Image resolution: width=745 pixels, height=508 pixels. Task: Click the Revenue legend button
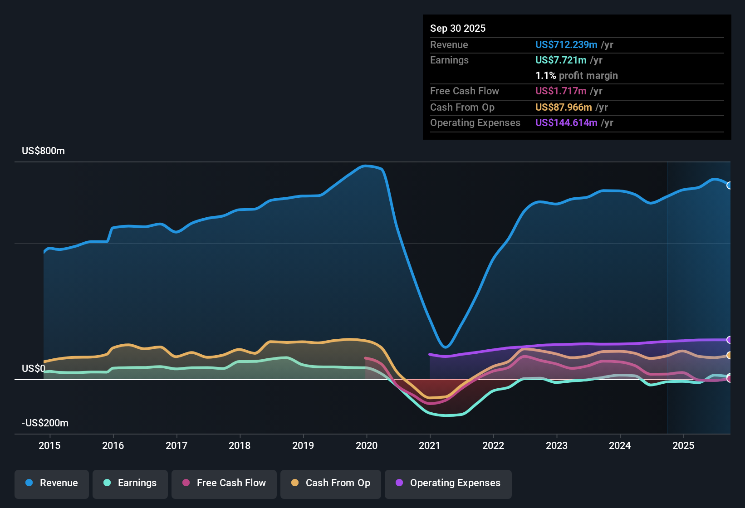(x=52, y=483)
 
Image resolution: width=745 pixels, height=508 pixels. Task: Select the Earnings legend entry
(x=130, y=483)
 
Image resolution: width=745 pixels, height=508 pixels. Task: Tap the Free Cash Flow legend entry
(x=224, y=483)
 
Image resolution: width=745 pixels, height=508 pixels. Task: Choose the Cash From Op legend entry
(x=331, y=483)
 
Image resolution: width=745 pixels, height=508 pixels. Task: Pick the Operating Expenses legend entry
(x=448, y=483)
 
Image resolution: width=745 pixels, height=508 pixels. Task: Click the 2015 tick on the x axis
(x=49, y=445)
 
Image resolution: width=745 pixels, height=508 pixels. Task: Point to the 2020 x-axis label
(x=367, y=445)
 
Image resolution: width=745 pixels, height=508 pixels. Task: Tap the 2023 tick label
(x=557, y=445)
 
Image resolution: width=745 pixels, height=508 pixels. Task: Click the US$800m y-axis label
(x=43, y=151)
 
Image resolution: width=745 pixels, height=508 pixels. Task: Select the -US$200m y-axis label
(x=45, y=423)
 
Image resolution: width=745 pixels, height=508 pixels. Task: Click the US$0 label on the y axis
(x=34, y=368)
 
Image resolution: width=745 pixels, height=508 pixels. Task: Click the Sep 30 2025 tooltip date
(x=457, y=28)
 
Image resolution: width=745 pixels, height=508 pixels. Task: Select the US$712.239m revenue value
(x=566, y=44)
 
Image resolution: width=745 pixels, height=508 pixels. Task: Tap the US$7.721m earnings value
(x=560, y=60)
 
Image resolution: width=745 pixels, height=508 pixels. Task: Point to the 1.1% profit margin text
(x=576, y=75)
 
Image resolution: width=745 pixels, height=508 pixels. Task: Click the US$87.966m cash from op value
(x=563, y=107)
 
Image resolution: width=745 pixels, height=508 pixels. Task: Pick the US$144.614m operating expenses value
(x=566, y=122)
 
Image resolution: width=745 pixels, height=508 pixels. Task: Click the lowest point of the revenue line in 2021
(x=446, y=347)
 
